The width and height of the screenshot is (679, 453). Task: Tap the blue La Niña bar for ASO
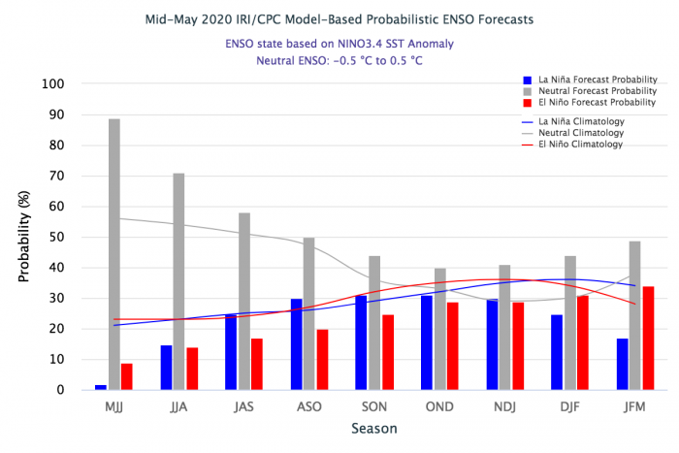[x=296, y=344]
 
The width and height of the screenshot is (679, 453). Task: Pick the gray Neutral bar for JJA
[x=179, y=281]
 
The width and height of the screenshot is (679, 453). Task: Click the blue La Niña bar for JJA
[x=167, y=368]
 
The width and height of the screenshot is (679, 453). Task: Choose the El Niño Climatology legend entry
[x=581, y=144]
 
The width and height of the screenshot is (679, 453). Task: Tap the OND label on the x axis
[x=439, y=406]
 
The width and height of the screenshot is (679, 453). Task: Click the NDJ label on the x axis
[x=504, y=406]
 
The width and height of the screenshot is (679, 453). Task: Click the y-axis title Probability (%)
[x=24, y=238]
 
